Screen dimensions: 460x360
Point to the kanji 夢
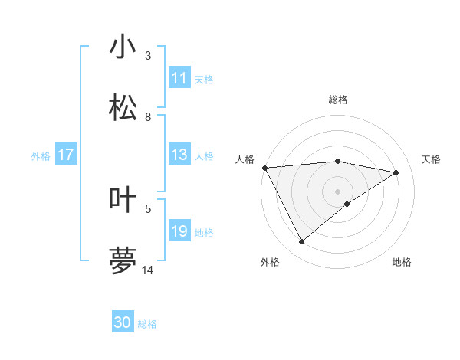(123, 260)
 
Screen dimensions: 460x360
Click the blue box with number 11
(179, 78)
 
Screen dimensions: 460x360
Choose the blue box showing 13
(179, 155)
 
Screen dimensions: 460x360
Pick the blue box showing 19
(179, 231)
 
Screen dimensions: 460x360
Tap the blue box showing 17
(65, 155)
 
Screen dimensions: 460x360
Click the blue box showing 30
(123, 322)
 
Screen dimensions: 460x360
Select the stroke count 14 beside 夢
(148, 270)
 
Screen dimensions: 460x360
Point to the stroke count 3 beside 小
(148, 55)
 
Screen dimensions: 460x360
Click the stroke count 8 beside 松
(148, 116)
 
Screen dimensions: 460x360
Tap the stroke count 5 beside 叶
(148, 208)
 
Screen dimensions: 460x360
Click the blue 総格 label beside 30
(147, 324)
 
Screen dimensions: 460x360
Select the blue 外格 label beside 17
(41, 156)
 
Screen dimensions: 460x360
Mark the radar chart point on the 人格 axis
(264, 167)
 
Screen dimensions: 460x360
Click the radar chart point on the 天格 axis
(396, 172)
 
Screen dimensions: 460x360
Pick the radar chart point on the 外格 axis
(301, 242)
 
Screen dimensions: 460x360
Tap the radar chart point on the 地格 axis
(347, 204)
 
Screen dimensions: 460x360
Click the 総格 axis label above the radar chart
(337, 100)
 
